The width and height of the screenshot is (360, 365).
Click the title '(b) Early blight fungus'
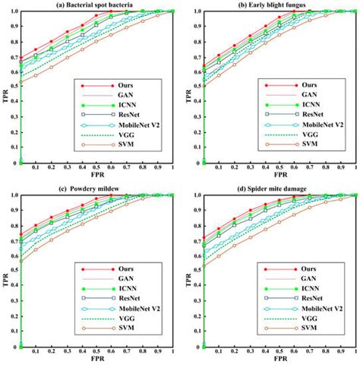278,5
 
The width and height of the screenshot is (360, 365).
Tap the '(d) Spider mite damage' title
278,189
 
